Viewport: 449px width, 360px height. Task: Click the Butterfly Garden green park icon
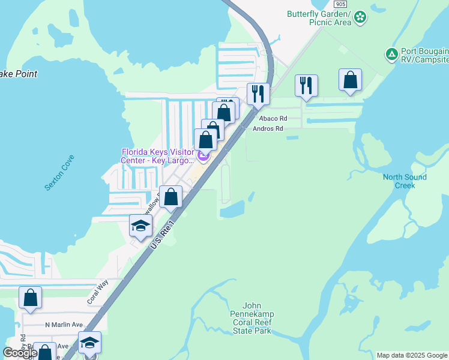360,17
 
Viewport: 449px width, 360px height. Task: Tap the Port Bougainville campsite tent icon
391,55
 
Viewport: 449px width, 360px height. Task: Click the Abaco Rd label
274,119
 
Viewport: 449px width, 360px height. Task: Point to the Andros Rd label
268,128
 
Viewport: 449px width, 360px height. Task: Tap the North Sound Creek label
405,181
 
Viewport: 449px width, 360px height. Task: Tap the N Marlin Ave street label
64,325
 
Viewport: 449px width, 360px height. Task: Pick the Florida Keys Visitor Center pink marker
203,157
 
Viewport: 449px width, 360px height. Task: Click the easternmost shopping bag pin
350,79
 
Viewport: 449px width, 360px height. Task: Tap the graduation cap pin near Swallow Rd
141,226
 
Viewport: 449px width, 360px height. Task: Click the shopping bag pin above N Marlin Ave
30,297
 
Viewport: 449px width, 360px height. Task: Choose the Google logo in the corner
20,353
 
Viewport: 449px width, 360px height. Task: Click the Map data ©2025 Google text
412,355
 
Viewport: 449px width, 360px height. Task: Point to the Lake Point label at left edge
19,74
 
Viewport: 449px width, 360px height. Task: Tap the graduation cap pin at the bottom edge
89,343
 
